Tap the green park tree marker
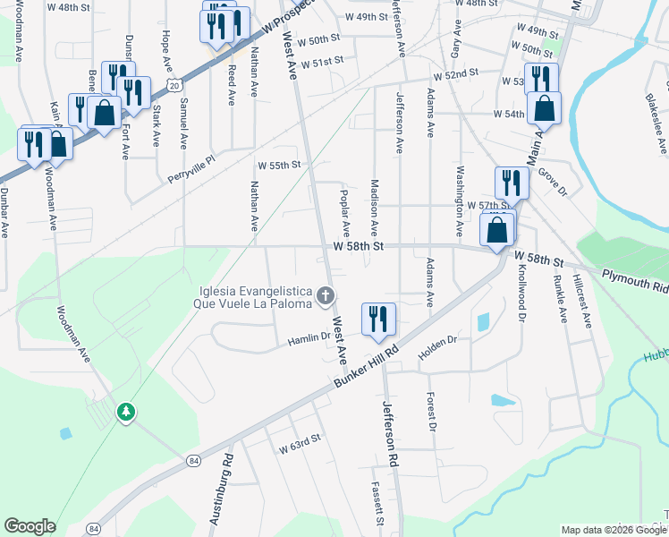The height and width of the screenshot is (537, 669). point(127,412)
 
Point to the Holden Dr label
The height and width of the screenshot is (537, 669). point(438,341)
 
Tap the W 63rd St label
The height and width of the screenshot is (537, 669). point(299,444)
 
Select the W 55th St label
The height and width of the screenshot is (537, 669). point(279,166)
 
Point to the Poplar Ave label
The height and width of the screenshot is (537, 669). point(344,213)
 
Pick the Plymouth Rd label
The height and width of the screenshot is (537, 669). point(635,280)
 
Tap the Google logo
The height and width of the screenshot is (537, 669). point(30,526)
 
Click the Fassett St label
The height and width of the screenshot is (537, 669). point(378,506)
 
